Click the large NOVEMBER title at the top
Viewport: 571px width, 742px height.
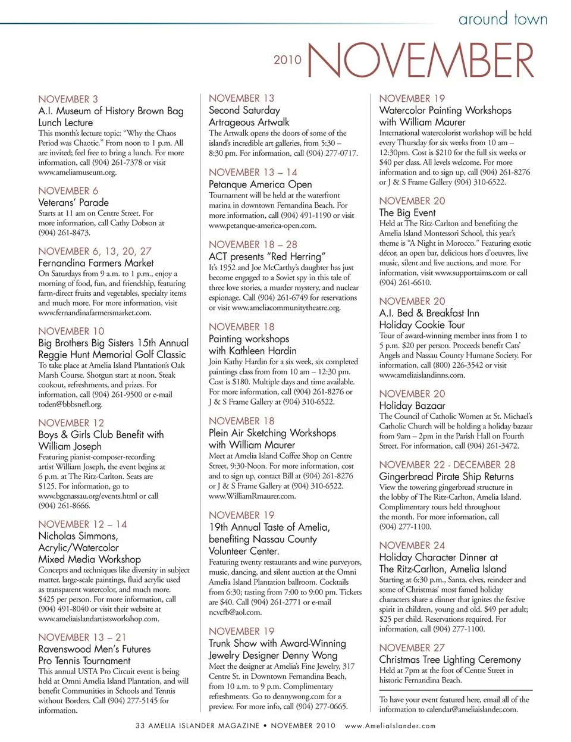421,60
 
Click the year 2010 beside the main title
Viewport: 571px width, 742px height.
287,60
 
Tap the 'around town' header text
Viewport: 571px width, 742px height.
503,19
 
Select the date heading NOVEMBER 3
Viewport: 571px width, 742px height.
68,99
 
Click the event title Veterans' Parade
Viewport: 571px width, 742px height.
73,202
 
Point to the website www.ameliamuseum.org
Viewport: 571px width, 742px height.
77,173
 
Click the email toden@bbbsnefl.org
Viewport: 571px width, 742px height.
70,404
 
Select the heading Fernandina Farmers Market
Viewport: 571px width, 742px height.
96,262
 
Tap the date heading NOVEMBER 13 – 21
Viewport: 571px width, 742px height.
82,637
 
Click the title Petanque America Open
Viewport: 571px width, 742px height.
260,184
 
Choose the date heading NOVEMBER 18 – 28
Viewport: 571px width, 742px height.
253,244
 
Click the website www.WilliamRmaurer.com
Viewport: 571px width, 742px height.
252,496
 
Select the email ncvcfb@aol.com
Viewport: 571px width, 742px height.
235,612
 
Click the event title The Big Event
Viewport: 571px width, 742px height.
407,212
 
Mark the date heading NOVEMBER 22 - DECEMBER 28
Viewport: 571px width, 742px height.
447,464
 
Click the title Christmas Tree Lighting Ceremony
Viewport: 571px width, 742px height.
450,659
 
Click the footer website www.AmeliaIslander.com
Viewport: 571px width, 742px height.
390,726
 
